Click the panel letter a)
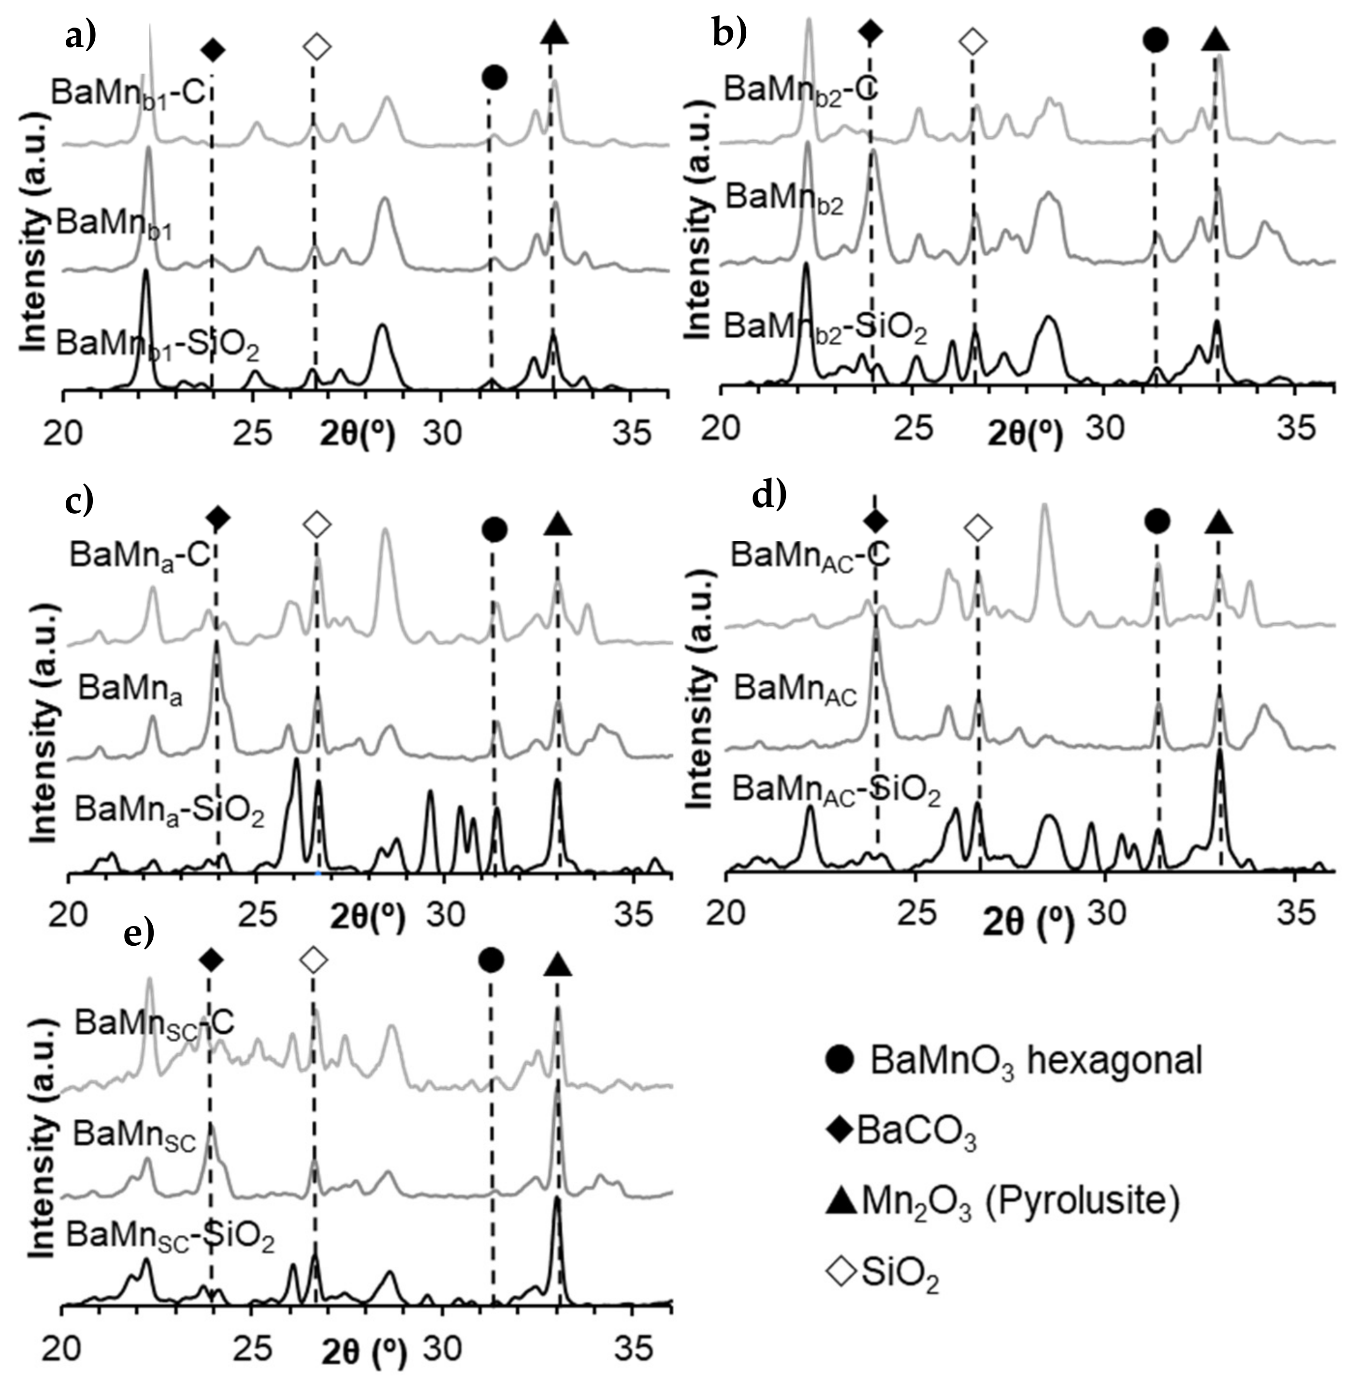(80, 36)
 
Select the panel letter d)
(768, 495)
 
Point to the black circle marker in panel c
(494, 530)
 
